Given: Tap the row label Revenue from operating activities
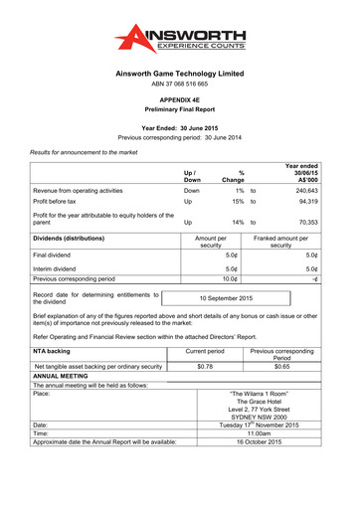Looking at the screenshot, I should pos(79,189).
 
